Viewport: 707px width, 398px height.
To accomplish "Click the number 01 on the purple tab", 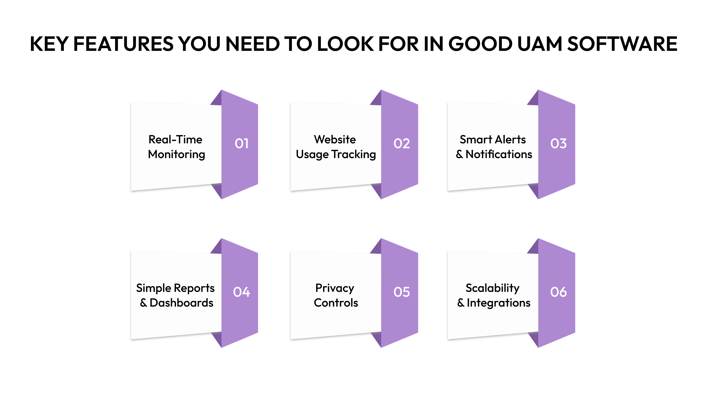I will (242, 143).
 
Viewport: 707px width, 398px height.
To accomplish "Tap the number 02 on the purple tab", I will (402, 143).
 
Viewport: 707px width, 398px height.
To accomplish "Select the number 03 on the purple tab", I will (558, 143).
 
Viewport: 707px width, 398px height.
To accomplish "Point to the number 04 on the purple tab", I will (242, 292).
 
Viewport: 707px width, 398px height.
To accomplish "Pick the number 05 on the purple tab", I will (402, 292).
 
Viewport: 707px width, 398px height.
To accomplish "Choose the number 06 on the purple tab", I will (558, 292).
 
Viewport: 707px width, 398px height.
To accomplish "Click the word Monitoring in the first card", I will (177, 155).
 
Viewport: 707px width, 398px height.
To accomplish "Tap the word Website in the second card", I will (335, 140).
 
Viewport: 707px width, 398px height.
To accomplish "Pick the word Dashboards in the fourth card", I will (181, 303).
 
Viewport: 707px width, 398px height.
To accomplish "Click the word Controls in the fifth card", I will (336, 303).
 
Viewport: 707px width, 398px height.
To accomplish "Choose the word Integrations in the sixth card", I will (498, 303).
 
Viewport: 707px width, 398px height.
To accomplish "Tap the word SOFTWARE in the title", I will (622, 44).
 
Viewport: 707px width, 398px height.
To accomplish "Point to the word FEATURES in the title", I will (123, 44).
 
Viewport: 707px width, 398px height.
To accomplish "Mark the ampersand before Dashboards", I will (144, 303).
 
